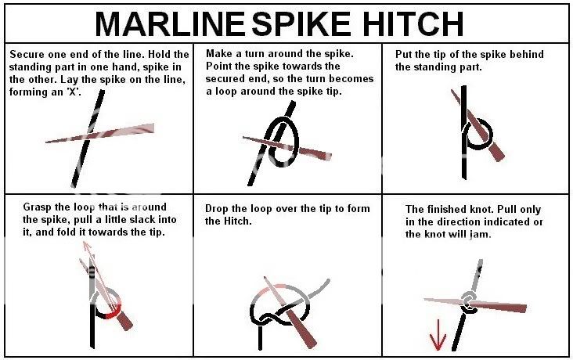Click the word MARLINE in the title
[170, 23]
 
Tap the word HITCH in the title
[413, 23]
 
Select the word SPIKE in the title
[301, 23]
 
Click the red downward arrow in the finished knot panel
[438, 334]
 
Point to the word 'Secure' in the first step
[28, 55]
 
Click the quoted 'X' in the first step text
[74, 92]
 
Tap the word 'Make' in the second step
[219, 53]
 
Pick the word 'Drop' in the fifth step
[217, 209]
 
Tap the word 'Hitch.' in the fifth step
[236, 221]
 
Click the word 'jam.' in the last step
[480, 234]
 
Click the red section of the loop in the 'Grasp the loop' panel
[110, 313]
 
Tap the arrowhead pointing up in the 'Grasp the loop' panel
[86, 245]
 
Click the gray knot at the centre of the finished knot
[468, 302]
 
